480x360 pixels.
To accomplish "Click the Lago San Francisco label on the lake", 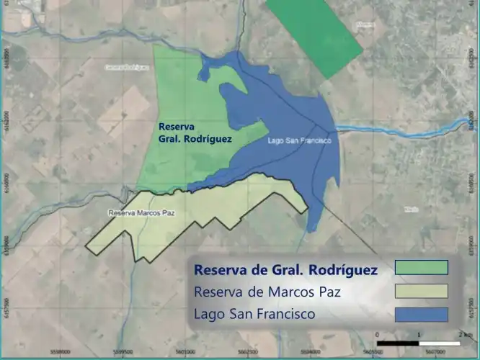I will pyautogui.click(x=298, y=141).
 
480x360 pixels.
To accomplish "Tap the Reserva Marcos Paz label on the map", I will pyautogui.click(x=142, y=213).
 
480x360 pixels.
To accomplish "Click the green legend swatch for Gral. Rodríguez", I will pyautogui.click(x=422, y=268).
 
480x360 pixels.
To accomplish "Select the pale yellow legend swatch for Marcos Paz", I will pyautogui.click(x=422, y=291).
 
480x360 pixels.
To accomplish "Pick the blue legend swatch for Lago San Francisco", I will pyautogui.click(x=422, y=314).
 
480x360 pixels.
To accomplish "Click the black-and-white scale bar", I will pyautogui.click(x=419, y=343).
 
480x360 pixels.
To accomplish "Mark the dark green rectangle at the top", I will pyautogui.click(x=314, y=36).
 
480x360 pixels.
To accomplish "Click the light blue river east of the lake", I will pyautogui.click(x=404, y=128).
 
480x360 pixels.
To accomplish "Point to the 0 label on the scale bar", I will pyautogui.click(x=378, y=336).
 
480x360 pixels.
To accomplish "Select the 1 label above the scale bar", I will pyautogui.click(x=419, y=336).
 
